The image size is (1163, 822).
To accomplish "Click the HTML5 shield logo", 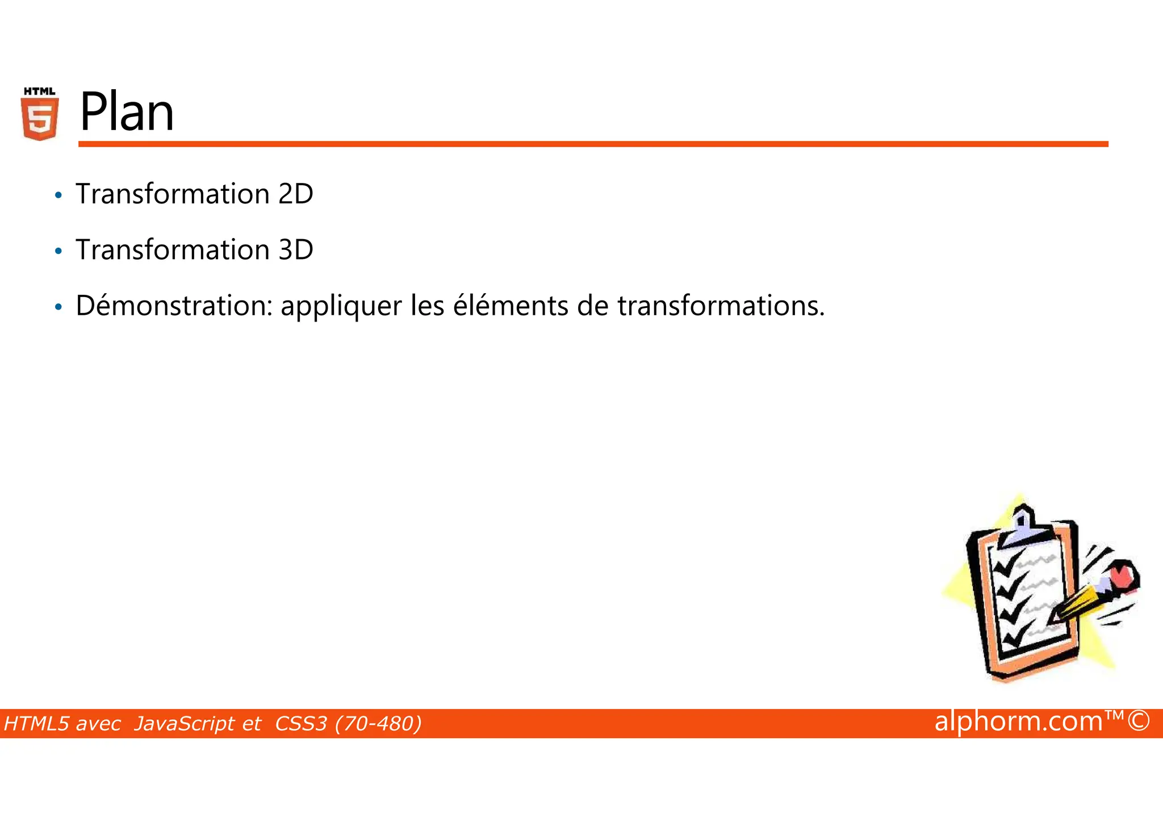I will pos(39,114).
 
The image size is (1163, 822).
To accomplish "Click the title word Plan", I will pos(127,112).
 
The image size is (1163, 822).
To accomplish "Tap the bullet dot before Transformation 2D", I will pos(58,195).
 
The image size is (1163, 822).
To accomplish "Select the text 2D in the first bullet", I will pos(295,194).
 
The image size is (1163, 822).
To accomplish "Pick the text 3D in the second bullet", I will pos(295,250).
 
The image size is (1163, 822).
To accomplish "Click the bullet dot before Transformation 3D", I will pos(58,251).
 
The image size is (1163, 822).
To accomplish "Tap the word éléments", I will pos(510,306).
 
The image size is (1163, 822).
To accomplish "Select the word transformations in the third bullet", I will pos(720,306).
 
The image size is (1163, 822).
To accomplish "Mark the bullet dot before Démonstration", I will pos(58,307).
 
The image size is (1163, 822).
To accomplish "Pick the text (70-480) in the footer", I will pos(378,724).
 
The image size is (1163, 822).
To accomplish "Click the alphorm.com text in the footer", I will pos(1018,721).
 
